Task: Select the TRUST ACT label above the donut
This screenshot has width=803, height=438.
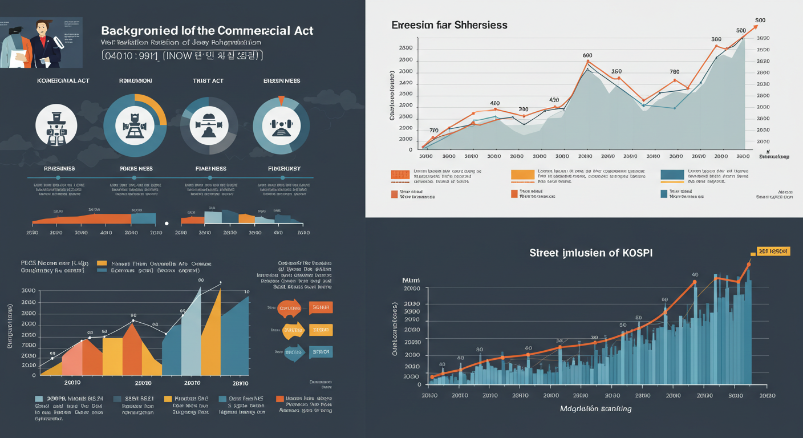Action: click(x=208, y=81)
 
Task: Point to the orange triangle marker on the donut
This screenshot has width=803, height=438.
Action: click(x=281, y=101)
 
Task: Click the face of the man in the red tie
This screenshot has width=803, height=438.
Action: click(x=42, y=29)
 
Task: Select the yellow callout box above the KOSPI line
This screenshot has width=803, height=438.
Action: click(x=773, y=252)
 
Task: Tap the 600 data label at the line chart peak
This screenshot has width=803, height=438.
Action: click(x=587, y=55)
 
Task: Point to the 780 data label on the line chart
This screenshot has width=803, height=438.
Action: click(x=674, y=72)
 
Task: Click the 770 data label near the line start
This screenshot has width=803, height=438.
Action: click(x=434, y=130)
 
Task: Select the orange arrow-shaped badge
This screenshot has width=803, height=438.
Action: click(x=289, y=308)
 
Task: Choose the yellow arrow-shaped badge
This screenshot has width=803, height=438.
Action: click(x=293, y=330)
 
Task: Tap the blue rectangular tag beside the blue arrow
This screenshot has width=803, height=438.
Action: click(x=321, y=352)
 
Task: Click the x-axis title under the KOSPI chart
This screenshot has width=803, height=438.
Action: click(x=596, y=408)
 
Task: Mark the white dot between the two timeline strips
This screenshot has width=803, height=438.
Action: click(x=167, y=224)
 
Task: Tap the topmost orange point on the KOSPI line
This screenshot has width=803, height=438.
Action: click(x=749, y=264)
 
